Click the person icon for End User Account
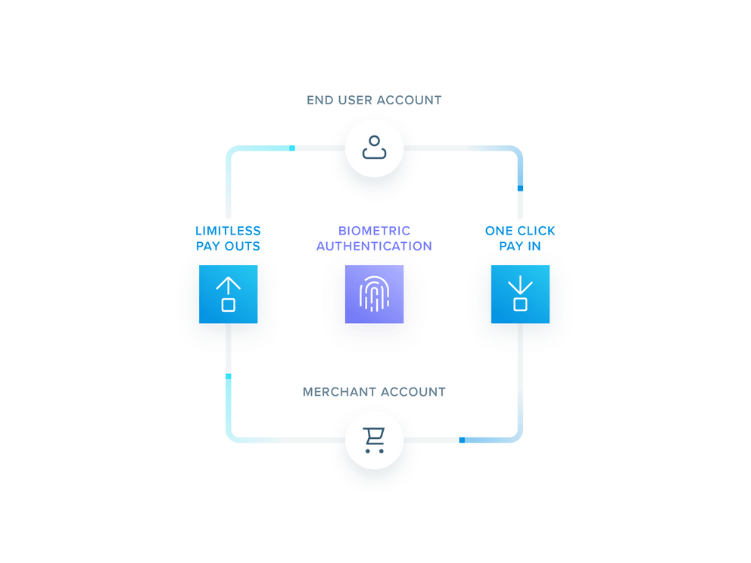click(374, 148)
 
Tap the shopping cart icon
click(374, 440)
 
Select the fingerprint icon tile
click(374, 294)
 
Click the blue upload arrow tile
click(228, 294)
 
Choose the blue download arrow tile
click(520, 294)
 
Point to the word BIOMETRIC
click(374, 231)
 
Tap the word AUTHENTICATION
click(374, 246)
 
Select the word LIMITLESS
click(228, 231)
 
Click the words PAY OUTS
click(228, 246)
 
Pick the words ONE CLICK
click(520, 231)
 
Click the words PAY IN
click(520, 246)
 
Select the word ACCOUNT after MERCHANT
click(412, 392)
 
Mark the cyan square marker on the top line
click(292, 148)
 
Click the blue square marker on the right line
click(520, 188)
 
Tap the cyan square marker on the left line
click(228, 376)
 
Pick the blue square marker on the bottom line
click(462, 440)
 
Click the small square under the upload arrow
click(228, 305)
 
